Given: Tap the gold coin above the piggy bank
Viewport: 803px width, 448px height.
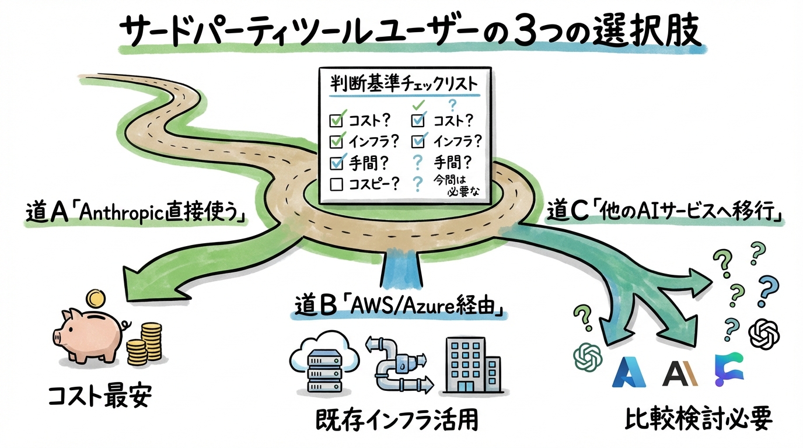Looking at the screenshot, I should pos(93,300).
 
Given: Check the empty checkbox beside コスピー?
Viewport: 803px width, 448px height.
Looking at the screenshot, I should pos(336,184).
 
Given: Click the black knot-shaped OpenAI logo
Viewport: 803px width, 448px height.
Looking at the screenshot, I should pos(764,335).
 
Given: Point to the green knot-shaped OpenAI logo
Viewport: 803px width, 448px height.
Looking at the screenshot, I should pos(588,356).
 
